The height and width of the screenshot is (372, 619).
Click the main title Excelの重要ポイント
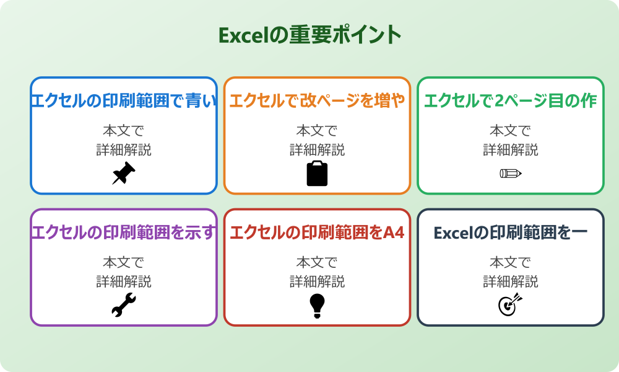(x=309, y=35)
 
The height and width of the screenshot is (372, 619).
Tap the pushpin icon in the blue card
(x=124, y=174)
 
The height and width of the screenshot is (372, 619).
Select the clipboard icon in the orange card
(x=317, y=174)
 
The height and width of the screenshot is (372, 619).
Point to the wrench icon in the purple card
(x=124, y=305)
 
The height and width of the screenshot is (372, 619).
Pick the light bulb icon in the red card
(x=317, y=305)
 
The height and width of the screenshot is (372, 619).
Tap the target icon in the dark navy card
(x=511, y=305)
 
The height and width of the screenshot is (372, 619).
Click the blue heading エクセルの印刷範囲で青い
(x=124, y=101)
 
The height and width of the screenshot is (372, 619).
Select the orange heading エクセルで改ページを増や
(x=317, y=101)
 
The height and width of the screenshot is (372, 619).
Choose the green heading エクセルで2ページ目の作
(x=511, y=101)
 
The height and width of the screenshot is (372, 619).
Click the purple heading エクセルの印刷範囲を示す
(x=124, y=232)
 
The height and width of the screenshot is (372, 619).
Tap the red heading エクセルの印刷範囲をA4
(x=317, y=232)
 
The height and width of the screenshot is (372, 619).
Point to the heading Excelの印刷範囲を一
(x=511, y=232)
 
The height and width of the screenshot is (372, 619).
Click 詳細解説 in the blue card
(x=124, y=150)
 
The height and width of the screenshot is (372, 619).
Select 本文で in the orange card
(x=317, y=131)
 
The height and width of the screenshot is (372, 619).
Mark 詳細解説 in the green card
(x=511, y=150)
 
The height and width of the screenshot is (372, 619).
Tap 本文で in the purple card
(x=124, y=262)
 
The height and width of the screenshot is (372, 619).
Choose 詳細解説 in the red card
(x=317, y=281)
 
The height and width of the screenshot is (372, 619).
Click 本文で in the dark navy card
(x=511, y=262)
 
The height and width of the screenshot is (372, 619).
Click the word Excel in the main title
(x=243, y=35)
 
